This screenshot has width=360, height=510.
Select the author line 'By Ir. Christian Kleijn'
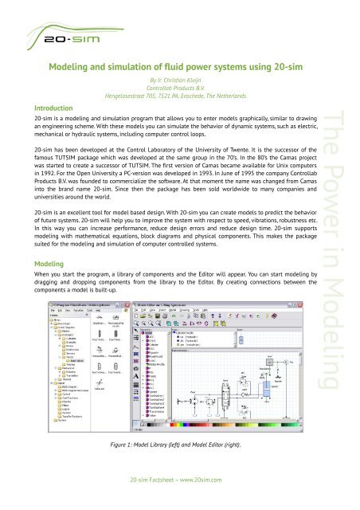179,81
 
